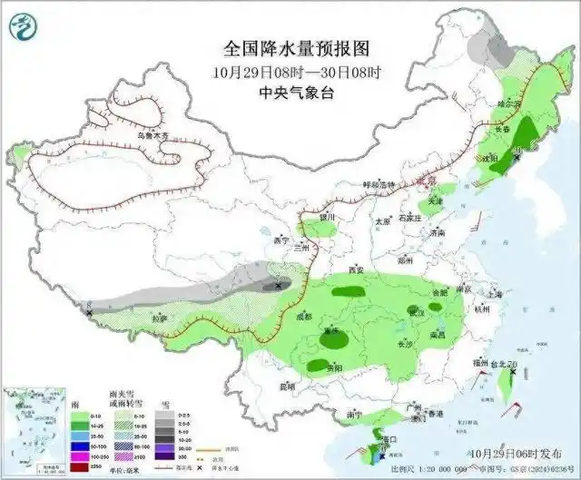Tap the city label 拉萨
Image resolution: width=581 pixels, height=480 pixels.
[161, 318]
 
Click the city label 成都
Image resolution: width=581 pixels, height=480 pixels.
[303, 317]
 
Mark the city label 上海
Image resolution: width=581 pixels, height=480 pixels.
[494, 294]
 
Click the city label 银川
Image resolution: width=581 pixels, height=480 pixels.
[328, 218]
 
